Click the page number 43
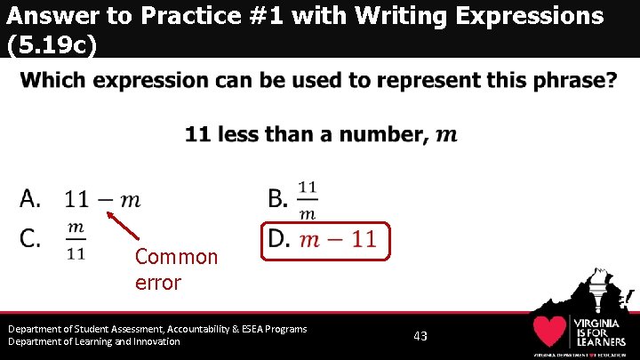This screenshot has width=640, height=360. pos(420,336)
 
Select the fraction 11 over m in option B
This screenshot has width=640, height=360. pos(307,200)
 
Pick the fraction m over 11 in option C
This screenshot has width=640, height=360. pos(76,240)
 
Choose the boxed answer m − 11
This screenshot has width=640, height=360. pos(337,239)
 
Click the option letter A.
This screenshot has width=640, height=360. pos(30,199)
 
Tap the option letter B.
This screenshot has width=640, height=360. pos(278,199)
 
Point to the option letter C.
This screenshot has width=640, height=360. pos(30,238)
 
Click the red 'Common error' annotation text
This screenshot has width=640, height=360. pos(176,269)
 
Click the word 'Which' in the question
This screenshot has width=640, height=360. pos(52,81)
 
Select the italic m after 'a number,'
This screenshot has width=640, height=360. pos(447,135)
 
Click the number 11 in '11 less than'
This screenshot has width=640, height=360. pos(197,134)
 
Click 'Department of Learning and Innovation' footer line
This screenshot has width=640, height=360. pos(94,341)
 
